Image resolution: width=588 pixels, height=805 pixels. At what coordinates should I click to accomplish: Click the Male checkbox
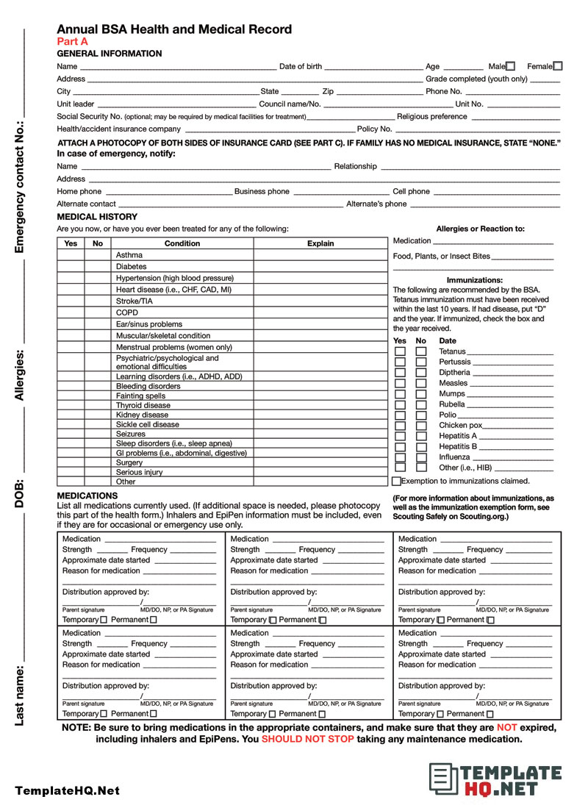click(511, 66)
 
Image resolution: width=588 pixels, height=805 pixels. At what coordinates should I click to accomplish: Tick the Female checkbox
click(558, 66)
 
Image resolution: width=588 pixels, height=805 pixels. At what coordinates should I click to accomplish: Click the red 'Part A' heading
click(72, 42)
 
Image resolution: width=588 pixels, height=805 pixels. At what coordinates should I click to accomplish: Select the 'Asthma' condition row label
click(129, 255)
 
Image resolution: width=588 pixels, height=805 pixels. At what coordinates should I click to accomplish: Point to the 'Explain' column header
click(320, 243)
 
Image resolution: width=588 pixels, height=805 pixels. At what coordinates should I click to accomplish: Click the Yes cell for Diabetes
click(71, 267)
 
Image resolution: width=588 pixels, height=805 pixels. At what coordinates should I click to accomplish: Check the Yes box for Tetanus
click(400, 351)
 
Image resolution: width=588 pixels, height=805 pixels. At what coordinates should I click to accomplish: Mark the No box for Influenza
click(421, 457)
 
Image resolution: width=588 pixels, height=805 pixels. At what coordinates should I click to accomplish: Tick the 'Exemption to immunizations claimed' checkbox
click(397, 481)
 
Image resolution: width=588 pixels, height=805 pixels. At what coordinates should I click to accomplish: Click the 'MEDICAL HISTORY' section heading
click(97, 217)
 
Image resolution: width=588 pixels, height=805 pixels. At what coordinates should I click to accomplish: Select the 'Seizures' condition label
click(131, 434)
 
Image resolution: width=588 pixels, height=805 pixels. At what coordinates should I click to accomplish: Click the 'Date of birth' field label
click(301, 66)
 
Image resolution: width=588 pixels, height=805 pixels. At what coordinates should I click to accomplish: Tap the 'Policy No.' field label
click(374, 129)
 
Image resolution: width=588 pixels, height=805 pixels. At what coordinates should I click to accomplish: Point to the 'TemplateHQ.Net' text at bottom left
click(67, 791)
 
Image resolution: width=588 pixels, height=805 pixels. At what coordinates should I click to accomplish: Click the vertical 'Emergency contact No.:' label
click(20, 187)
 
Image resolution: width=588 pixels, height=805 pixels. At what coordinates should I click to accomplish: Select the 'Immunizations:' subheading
click(475, 280)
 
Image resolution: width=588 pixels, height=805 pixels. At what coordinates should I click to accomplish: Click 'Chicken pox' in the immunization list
click(460, 425)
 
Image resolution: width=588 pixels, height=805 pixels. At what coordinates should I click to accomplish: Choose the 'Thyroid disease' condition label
click(143, 405)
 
